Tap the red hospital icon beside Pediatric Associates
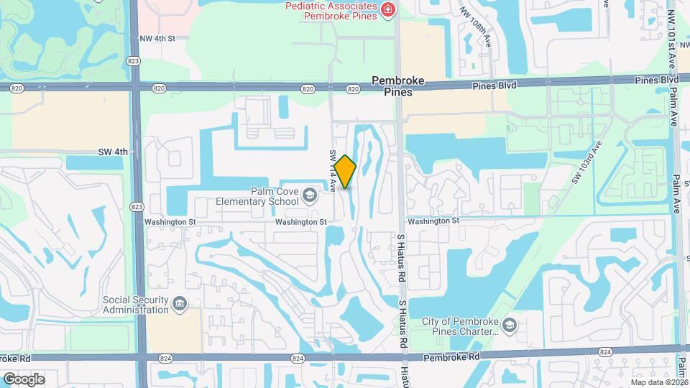tap(388, 9)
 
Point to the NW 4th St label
tap(158, 38)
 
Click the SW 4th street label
tap(113, 152)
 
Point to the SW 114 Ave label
tap(333, 170)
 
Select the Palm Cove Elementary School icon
tap(309, 195)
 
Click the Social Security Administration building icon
tap(180, 305)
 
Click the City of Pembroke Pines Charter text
tap(460, 327)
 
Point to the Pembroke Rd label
tap(450, 357)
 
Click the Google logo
tap(24, 379)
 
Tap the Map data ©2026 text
tap(658, 382)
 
